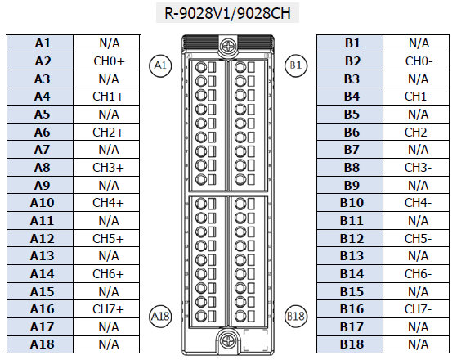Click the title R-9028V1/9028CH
[227, 13]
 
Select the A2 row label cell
[40, 61]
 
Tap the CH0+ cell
[106, 61]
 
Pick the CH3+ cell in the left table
[106, 168]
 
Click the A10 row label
[40, 203]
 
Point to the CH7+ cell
[106, 309]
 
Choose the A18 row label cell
[40, 344]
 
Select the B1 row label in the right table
[350, 43]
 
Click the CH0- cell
[416, 61]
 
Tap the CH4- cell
[416, 203]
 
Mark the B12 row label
[350, 238]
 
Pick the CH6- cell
[416, 273]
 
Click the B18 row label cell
[350, 344]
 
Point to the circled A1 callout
[160, 65]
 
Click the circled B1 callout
[296, 65]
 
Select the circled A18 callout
[160, 317]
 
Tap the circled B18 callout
[296, 317]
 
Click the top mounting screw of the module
[227, 46]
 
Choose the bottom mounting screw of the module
[227, 340]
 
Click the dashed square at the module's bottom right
[256, 340]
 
